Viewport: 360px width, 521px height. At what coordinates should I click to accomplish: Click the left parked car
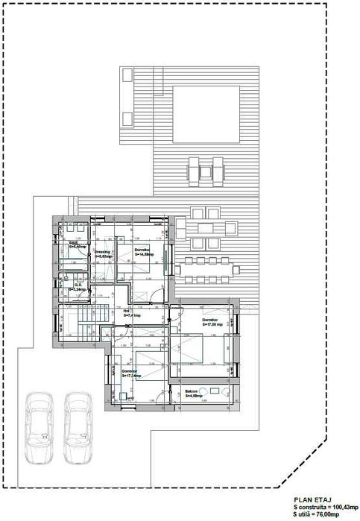coord(38,428)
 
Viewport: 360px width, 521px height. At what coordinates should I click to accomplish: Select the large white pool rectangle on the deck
coord(206,116)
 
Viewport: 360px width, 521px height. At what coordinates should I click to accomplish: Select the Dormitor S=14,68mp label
coord(145,252)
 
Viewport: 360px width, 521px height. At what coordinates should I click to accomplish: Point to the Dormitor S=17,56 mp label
coord(212,323)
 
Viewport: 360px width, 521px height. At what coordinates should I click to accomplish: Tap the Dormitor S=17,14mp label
coord(133,373)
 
